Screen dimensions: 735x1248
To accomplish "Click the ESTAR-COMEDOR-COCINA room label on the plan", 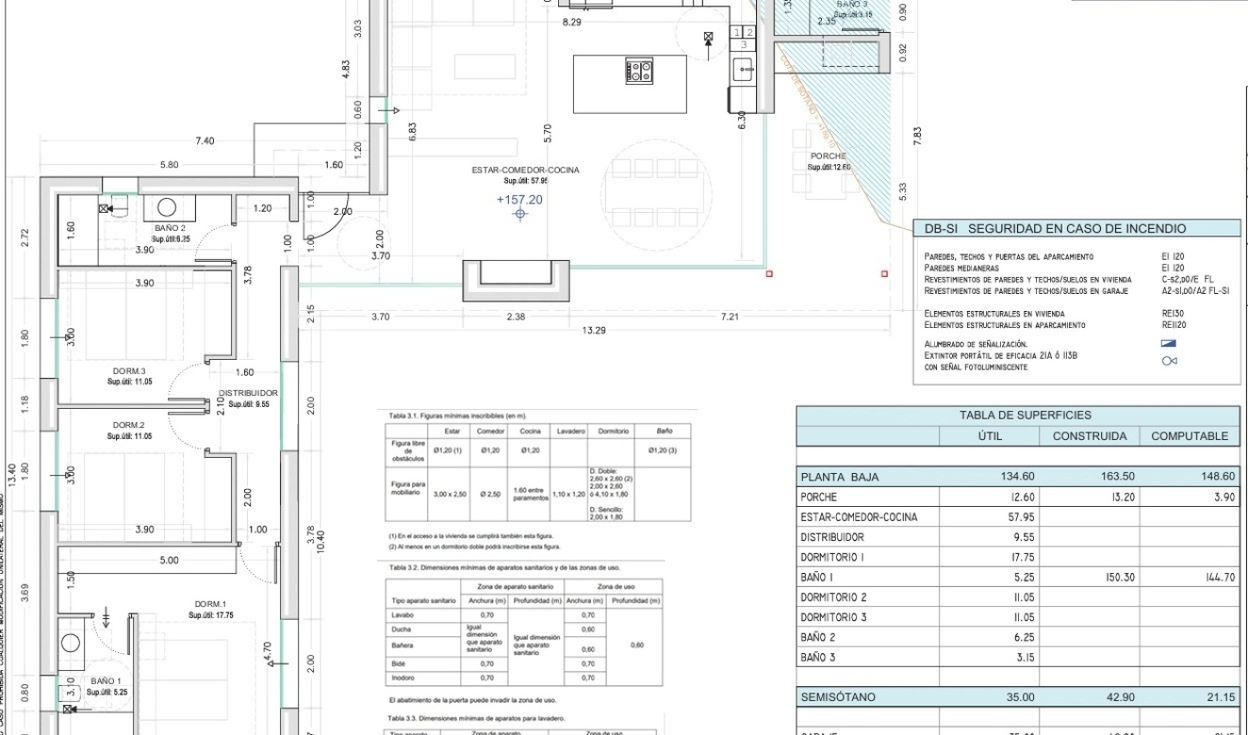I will pyautogui.click(x=525, y=171).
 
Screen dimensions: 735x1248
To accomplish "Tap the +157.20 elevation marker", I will pyautogui.click(x=519, y=200).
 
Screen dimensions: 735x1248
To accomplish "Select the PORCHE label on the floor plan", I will pyautogui.click(x=828, y=156).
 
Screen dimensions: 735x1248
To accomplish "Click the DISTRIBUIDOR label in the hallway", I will pyautogui.click(x=247, y=393).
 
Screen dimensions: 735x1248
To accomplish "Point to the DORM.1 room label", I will pyautogui.click(x=208, y=604).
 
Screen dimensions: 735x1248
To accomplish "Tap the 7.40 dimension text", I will pyautogui.click(x=204, y=141).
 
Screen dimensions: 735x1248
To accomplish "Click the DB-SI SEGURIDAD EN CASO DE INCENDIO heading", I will pyautogui.click(x=1055, y=229).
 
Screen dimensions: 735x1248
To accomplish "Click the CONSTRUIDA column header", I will pyautogui.click(x=1089, y=436).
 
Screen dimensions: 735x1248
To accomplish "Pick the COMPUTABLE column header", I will pyautogui.click(x=1190, y=436).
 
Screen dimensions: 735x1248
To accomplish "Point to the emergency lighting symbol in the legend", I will pyautogui.click(x=1170, y=345).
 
